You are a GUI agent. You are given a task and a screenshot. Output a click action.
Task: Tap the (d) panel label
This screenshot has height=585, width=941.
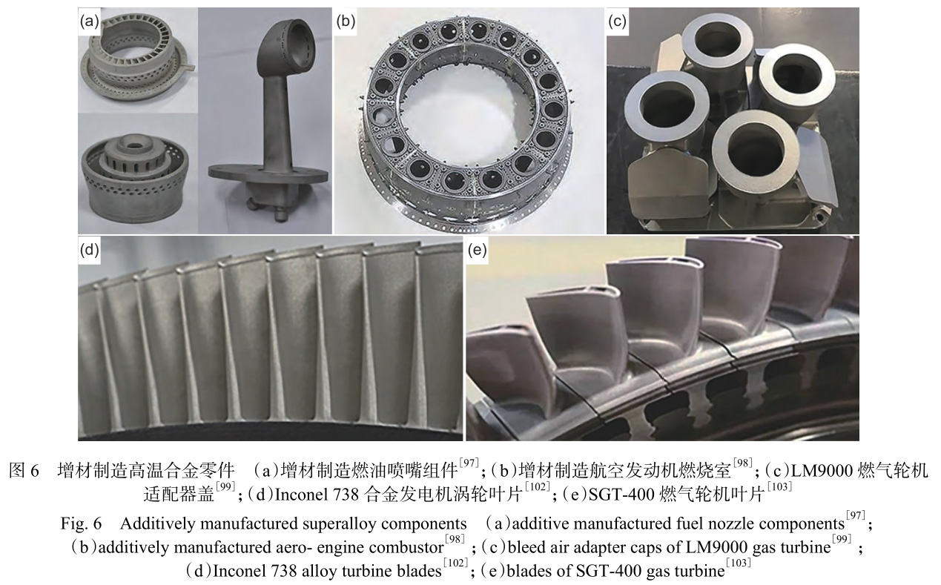(x=90, y=250)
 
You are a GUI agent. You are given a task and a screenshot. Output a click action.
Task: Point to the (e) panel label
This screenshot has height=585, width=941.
(x=477, y=250)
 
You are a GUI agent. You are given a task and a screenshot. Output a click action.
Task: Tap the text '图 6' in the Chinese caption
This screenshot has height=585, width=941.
(x=23, y=471)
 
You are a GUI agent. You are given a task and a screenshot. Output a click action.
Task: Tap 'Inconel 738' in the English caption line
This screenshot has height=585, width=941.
(x=244, y=572)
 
